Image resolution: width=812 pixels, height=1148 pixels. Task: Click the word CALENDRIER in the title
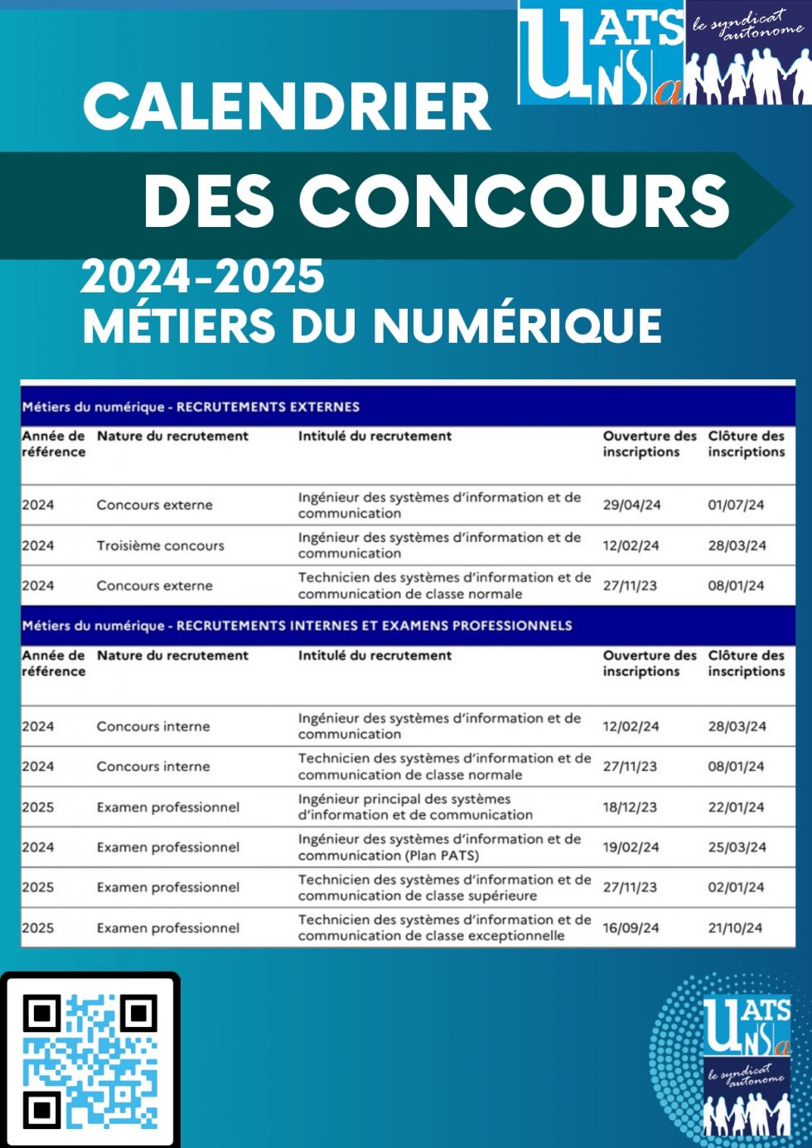pos(287,108)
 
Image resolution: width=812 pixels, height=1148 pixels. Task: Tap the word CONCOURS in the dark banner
pos(514,201)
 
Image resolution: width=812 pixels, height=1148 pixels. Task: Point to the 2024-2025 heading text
pos(202,277)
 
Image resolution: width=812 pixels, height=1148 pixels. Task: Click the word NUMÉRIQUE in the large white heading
pos(518,326)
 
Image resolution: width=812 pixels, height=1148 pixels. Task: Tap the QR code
pos(89,1061)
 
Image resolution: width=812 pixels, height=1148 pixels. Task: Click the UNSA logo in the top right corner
pos(663,53)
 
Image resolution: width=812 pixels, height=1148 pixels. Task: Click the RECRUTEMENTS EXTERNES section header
pos(268,407)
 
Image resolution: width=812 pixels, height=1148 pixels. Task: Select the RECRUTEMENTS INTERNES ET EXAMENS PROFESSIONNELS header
pos(374,625)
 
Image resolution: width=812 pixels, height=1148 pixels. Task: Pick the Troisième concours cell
pos(160,546)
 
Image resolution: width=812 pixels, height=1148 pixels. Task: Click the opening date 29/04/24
pos(631,505)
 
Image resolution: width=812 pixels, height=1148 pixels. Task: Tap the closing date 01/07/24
pos(736,505)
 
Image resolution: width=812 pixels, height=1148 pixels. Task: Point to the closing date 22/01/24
pos(736,807)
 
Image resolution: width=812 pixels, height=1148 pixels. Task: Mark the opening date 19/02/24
pos(631,847)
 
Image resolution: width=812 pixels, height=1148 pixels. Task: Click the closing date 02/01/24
pos(736,887)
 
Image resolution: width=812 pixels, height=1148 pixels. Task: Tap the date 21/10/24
pos(735,928)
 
